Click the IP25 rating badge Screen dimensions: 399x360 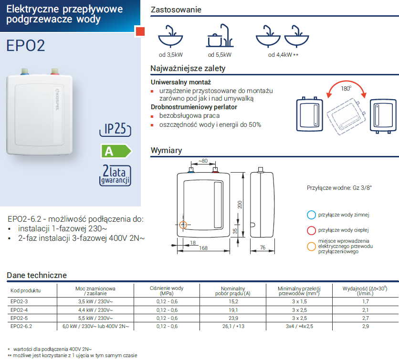115,129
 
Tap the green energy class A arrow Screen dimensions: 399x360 116,151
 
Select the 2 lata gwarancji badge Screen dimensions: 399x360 115,175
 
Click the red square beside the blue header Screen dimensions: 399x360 140,31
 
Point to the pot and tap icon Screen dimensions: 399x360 220,36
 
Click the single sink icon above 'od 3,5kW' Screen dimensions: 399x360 170,36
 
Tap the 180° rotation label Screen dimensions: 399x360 346,88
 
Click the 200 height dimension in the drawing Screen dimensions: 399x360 240,205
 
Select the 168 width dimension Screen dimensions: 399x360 203,248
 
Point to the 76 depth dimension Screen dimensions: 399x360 262,247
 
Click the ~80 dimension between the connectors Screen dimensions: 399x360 203,161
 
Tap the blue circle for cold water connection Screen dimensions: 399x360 311,215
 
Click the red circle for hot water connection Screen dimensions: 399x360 311,230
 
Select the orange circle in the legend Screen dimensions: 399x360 311,247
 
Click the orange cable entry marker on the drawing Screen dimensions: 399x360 183,225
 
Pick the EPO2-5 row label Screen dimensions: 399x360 19,318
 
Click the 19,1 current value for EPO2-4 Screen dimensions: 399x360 233,310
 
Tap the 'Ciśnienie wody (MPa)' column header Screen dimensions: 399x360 167,290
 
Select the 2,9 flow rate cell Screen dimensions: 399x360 366,326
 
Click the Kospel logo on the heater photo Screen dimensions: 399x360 57,99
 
